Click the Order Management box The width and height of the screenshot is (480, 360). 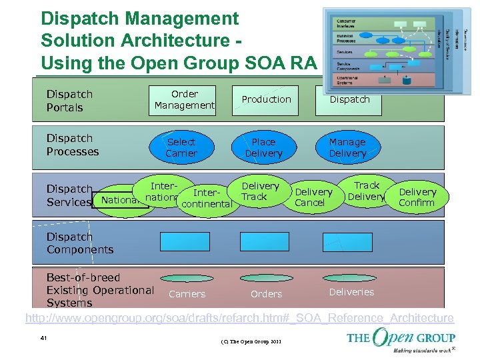click(185, 99)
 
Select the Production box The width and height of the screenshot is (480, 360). click(266, 99)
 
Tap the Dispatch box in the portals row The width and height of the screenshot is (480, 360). click(349, 100)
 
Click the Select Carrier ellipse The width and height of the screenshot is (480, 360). click(181, 147)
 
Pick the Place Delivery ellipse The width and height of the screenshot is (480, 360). click(263, 147)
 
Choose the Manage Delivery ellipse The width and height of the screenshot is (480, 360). click(347, 147)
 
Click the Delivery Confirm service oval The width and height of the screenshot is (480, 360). click(417, 197)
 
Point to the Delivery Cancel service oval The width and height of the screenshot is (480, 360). click(311, 197)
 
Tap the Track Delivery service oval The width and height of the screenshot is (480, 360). click(366, 191)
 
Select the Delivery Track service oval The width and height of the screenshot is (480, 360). click(258, 191)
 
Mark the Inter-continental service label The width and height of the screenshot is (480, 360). click(206, 198)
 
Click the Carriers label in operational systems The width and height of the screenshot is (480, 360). click(187, 293)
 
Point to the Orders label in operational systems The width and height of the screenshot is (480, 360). click(266, 293)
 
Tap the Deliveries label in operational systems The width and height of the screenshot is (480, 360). click(351, 291)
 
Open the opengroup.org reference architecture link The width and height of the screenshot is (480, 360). click(239, 318)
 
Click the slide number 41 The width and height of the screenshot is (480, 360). click(43, 339)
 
